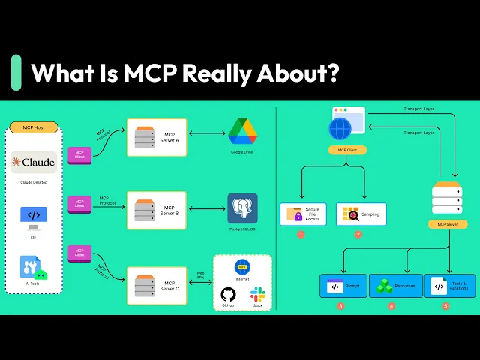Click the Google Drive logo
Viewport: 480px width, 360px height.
coord(242,132)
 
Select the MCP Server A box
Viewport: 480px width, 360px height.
coord(157,137)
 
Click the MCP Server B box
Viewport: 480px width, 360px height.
coord(157,211)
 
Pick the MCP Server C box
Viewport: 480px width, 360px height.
coord(157,286)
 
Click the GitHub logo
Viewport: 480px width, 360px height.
coord(228,295)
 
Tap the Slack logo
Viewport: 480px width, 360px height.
coord(258,293)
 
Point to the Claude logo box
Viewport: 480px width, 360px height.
coord(34,162)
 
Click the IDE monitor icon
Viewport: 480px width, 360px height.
coord(34,216)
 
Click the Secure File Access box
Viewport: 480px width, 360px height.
coord(303,214)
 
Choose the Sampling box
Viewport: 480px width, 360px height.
coord(361,214)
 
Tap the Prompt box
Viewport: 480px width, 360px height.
coord(343,286)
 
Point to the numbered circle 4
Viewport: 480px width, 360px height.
coord(391,306)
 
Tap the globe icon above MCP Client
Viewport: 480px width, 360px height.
coord(340,128)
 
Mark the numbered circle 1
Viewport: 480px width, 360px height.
coord(301,235)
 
